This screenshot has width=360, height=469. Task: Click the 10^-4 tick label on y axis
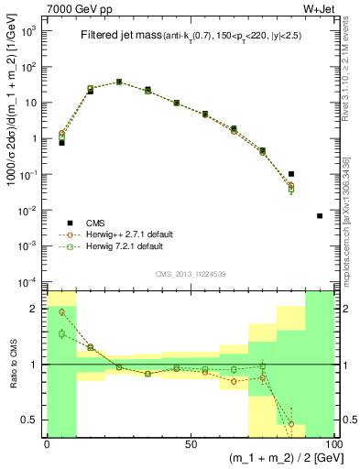click(27, 280)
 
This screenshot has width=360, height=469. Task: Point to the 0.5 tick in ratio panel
click(30, 420)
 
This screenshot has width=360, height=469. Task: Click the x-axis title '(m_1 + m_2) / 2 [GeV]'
click(275, 459)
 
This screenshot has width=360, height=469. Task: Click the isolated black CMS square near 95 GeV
click(319, 216)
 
